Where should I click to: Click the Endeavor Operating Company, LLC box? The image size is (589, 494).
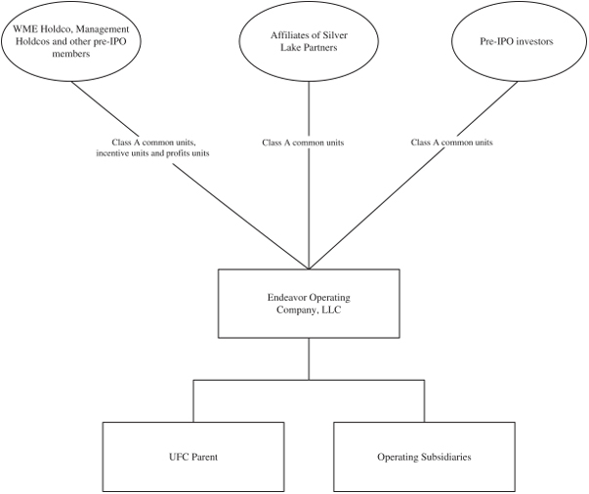(x=310, y=304)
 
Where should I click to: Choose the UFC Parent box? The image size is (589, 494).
(x=192, y=456)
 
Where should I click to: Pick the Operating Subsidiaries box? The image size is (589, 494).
(x=425, y=456)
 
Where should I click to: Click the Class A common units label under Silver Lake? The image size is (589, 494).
(x=303, y=143)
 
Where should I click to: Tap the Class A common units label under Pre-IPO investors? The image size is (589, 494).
(x=451, y=143)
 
